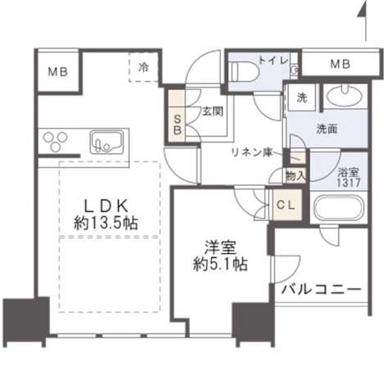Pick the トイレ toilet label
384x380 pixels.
pos(271,59)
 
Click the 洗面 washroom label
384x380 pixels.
pos(330,127)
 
